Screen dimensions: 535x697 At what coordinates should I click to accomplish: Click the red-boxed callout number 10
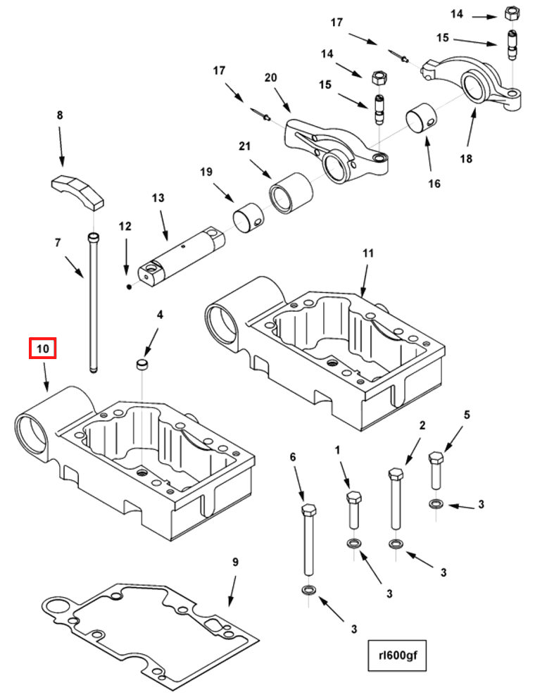point(43,348)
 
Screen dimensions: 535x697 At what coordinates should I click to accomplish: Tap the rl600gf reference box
point(397,655)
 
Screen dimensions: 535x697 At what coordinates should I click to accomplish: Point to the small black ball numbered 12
point(128,287)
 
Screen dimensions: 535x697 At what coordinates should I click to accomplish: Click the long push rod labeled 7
point(94,302)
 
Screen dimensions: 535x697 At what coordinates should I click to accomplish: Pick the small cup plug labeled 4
point(142,365)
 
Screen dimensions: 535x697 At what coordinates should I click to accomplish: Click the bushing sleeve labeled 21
point(291,192)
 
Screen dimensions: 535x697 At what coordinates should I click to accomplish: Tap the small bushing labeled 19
point(248,218)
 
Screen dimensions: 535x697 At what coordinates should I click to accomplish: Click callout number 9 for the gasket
point(235,563)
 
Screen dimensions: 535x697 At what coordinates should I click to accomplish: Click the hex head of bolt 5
point(436,458)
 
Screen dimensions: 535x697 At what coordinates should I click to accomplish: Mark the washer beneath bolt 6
point(308,590)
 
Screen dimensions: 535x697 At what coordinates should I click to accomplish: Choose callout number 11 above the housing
point(368,253)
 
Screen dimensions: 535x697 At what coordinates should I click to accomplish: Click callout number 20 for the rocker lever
point(270,77)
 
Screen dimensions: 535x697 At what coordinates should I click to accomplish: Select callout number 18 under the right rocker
point(466,158)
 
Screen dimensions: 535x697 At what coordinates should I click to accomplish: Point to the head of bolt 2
point(396,473)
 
